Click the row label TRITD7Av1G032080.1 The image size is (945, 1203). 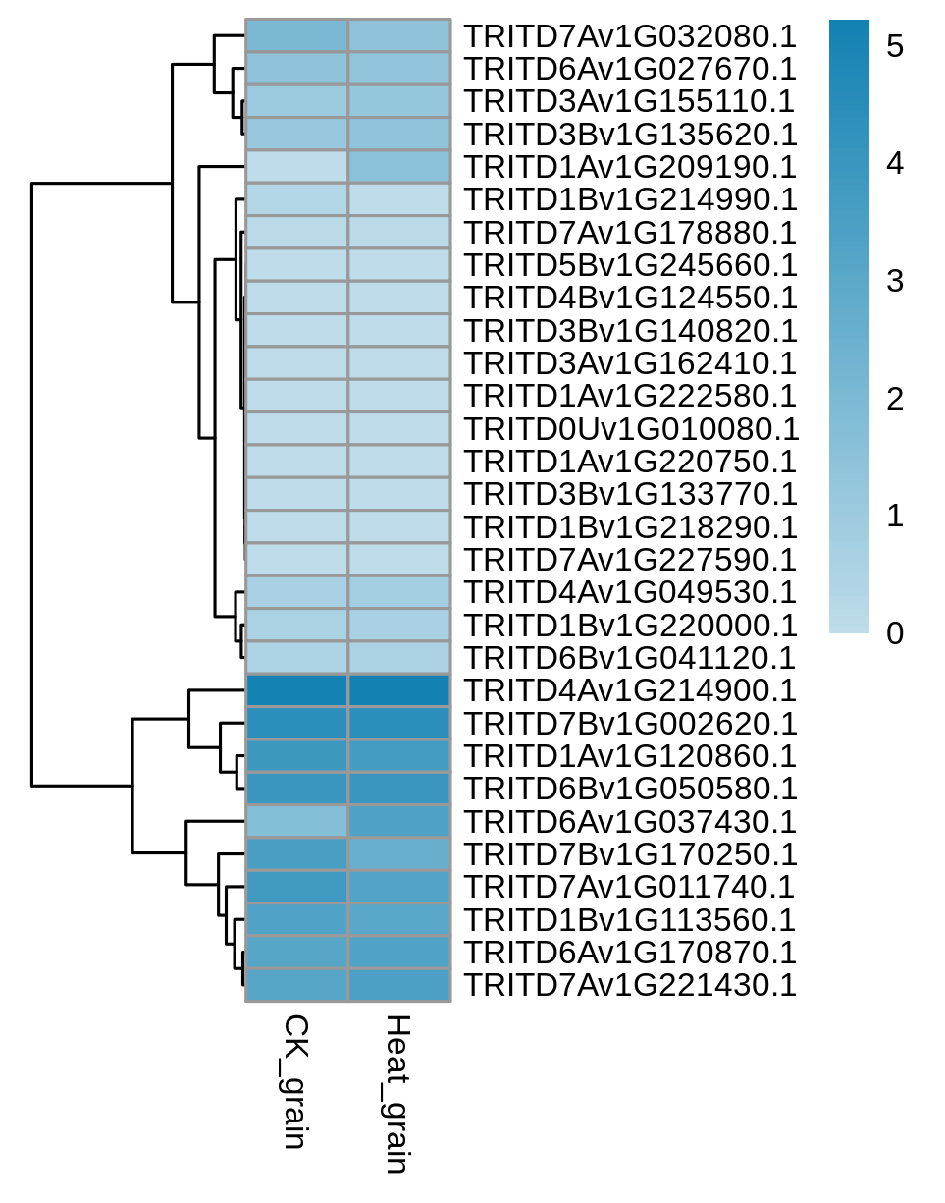tap(630, 37)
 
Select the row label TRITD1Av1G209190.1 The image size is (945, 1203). tap(630, 167)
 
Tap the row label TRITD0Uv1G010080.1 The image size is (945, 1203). tap(632, 429)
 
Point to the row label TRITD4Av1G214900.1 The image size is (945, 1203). tap(630, 690)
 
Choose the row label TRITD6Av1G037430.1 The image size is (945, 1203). tap(630, 822)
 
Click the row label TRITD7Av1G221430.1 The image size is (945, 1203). tap(630, 985)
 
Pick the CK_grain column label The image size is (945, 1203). tap(295, 1081)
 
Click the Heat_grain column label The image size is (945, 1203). tap(397, 1093)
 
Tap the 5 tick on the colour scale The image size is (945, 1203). tap(895, 46)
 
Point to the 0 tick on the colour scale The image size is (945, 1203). tap(895, 633)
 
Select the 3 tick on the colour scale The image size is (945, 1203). tap(895, 281)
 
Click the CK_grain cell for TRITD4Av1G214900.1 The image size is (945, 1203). tap(296, 690)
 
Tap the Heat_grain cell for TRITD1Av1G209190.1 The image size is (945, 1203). tap(399, 167)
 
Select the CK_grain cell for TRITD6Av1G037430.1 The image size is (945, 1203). tap(296, 821)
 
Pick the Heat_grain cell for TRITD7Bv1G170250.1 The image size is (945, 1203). tap(399, 853)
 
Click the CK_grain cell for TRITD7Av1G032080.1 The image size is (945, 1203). tap(296, 35)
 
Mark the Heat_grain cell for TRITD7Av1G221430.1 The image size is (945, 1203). tap(399, 984)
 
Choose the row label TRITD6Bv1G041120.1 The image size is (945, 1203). tap(630, 658)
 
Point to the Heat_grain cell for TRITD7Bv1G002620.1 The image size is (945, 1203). tap(399, 723)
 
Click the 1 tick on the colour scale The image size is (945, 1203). tap(895, 516)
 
